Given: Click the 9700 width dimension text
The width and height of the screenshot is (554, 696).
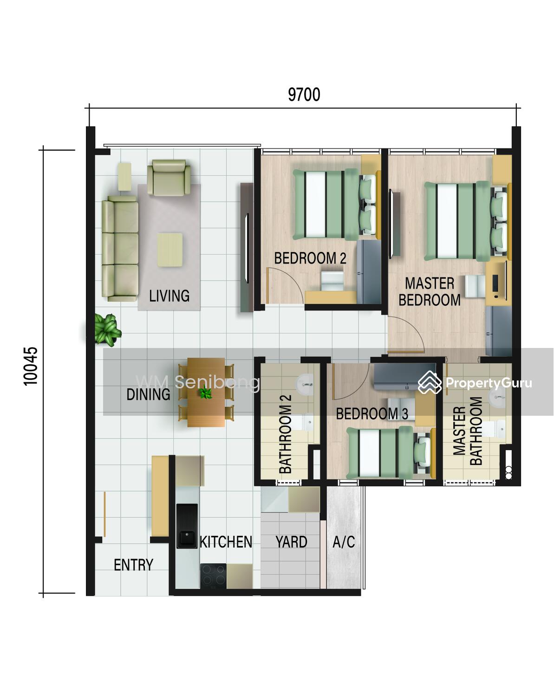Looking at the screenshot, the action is point(304,95).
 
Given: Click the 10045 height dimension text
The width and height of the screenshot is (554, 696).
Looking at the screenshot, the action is point(31,366).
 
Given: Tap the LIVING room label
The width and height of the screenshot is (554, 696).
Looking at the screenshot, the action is point(169,296).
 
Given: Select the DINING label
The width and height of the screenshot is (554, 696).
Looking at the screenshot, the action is point(148,394).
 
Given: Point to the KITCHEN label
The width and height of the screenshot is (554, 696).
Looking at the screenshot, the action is point(226,542).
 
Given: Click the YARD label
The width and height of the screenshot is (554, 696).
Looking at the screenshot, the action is point(292,542).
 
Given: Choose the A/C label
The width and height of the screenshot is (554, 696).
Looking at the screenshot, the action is point(344,542).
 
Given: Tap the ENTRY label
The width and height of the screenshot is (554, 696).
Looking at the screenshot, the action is point(133,565).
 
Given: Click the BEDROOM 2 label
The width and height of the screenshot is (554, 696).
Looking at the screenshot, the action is point(310,258).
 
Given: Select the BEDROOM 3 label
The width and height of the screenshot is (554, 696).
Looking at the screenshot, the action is point(372,413).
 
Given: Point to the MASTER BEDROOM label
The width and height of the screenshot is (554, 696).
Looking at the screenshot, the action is point(430,292).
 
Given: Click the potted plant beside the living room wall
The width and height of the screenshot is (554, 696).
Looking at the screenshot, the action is point(107,330).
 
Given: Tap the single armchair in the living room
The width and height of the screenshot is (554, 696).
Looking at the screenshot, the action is point(169,177).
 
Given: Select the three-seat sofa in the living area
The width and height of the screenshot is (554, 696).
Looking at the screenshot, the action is point(120,248).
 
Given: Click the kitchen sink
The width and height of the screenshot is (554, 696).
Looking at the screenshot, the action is point(187,526).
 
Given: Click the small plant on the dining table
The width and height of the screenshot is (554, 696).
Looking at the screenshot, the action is point(206,393).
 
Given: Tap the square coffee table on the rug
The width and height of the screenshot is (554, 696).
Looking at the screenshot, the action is point(169,250).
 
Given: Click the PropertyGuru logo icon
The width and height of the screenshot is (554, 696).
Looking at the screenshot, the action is point(430,382).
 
